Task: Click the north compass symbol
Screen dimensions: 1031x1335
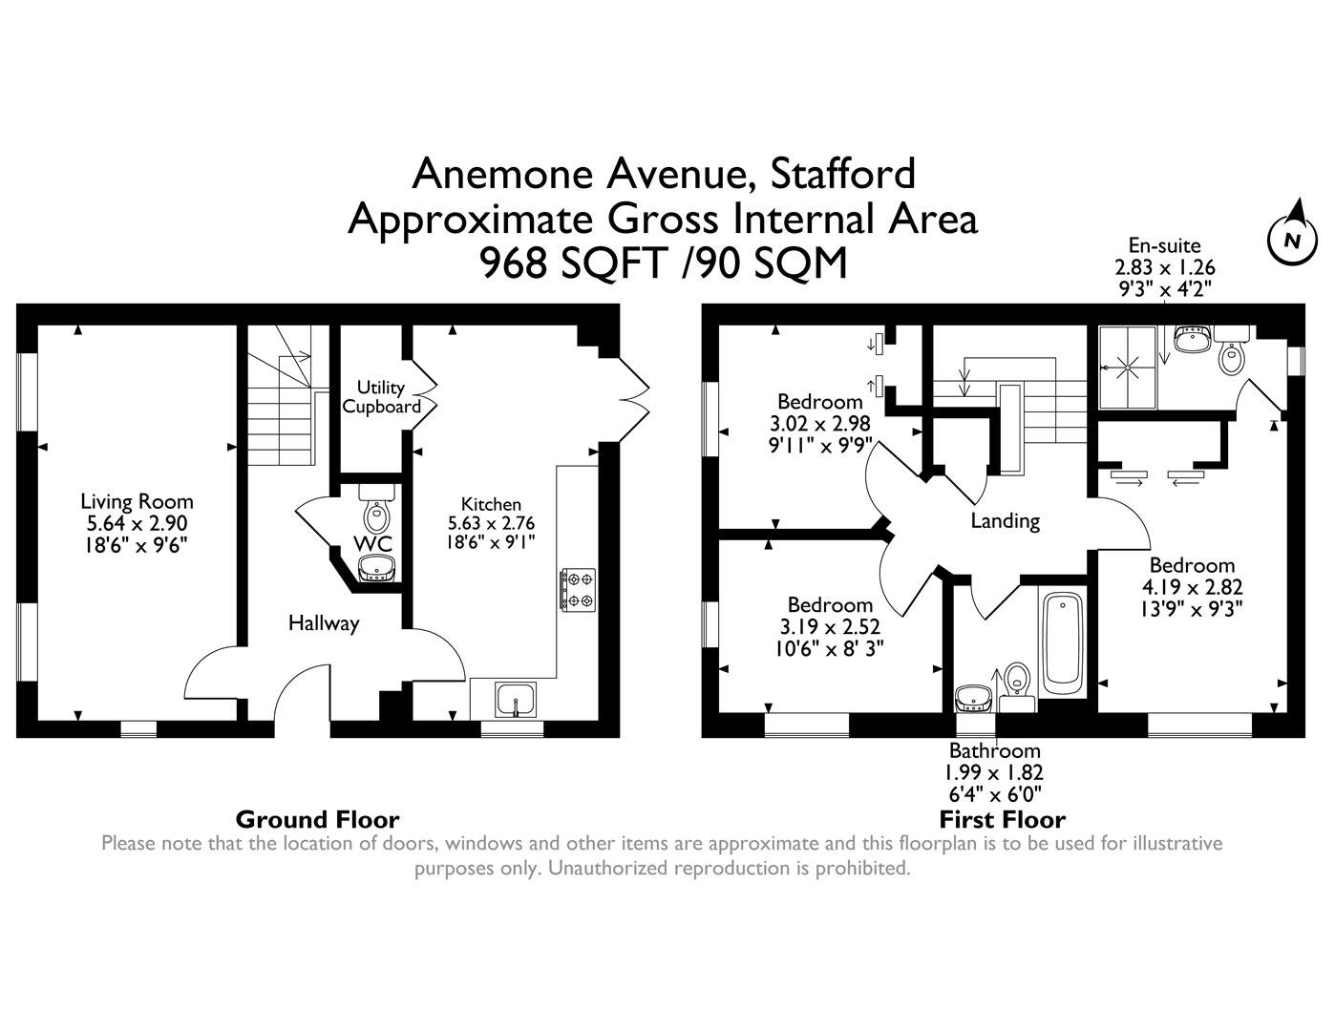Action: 1290,237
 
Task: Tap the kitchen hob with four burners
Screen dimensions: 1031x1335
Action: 578,589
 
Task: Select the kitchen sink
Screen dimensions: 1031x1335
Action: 516,700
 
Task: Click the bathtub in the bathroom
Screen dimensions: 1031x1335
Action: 1062,642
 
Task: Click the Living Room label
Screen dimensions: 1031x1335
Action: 137,501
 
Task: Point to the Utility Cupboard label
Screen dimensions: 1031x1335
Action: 381,397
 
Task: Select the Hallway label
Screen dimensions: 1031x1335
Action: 324,623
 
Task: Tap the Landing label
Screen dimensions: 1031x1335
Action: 1005,520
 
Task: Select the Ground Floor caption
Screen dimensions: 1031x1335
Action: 317,819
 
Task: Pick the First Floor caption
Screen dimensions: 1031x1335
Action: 1002,819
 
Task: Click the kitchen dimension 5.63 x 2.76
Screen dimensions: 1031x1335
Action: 491,523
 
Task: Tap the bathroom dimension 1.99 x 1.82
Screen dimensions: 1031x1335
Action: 994,772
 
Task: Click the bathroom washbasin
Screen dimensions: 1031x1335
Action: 973,695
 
